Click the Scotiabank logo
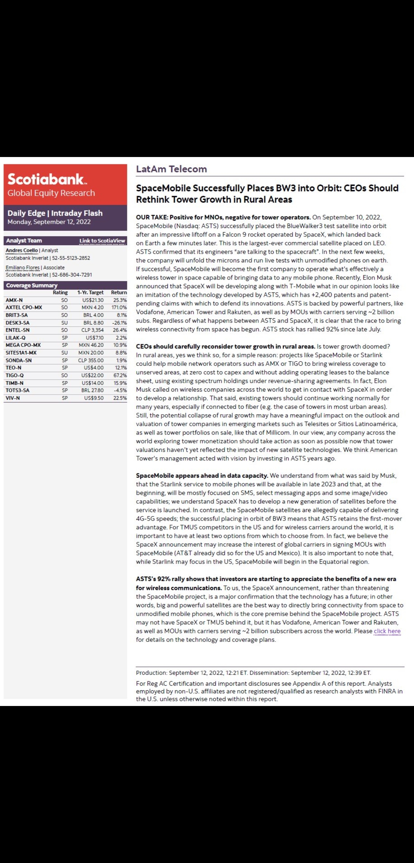(47, 179)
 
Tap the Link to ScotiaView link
(102, 241)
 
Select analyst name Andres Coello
(22, 250)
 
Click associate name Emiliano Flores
(23, 268)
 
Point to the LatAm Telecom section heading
(171, 169)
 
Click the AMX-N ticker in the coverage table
(14, 300)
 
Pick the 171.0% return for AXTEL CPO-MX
(119, 308)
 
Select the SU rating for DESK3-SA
(64, 323)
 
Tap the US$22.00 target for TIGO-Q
(92, 375)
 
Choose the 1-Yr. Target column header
(90, 293)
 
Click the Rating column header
(60, 293)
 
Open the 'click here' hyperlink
(387, 631)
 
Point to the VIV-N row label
(13, 398)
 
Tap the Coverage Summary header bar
(65, 285)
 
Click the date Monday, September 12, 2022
(49, 222)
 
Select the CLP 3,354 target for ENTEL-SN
(92, 330)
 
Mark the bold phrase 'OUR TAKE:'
(152, 217)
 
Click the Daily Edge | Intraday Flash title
(55, 213)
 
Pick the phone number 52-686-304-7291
(72, 275)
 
